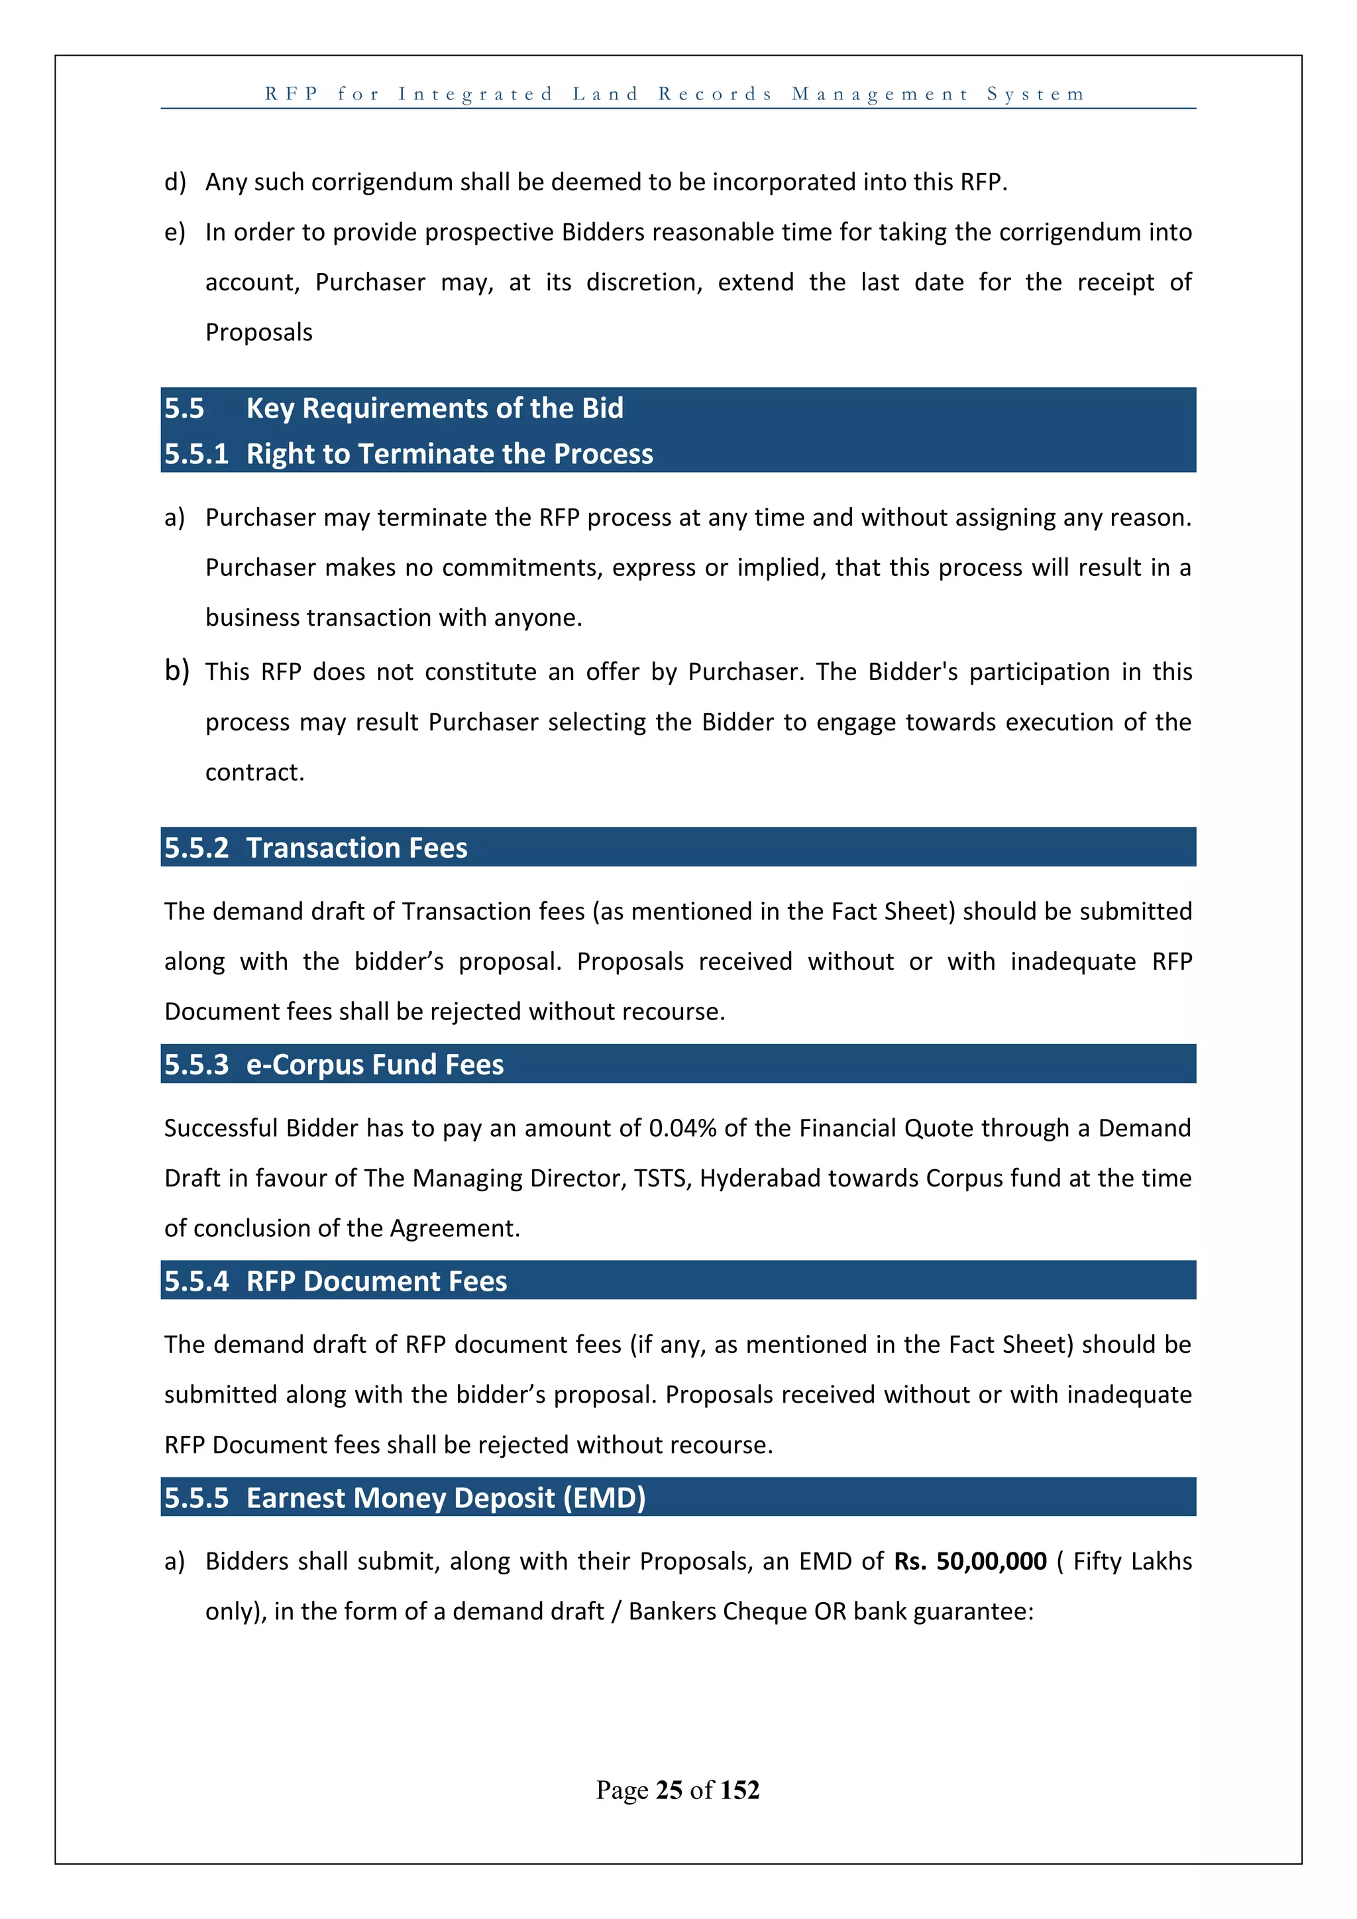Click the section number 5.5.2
pyautogui.click(x=195, y=848)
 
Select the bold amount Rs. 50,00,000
pyautogui.click(x=969, y=1561)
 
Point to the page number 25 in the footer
pyautogui.click(x=669, y=1790)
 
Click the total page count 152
pyautogui.click(x=739, y=1790)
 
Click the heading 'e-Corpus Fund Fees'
pyautogui.click(x=374, y=1065)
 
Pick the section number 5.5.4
pyautogui.click(x=195, y=1281)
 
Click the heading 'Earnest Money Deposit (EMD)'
pyautogui.click(x=445, y=1498)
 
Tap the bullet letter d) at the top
pyautogui.click(x=175, y=182)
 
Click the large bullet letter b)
pyautogui.click(x=176, y=670)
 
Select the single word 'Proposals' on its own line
pyautogui.click(x=259, y=333)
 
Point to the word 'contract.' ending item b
pyautogui.click(x=255, y=772)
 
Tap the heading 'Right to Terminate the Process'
pyautogui.click(x=449, y=454)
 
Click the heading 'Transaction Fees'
pyautogui.click(x=356, y=848)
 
